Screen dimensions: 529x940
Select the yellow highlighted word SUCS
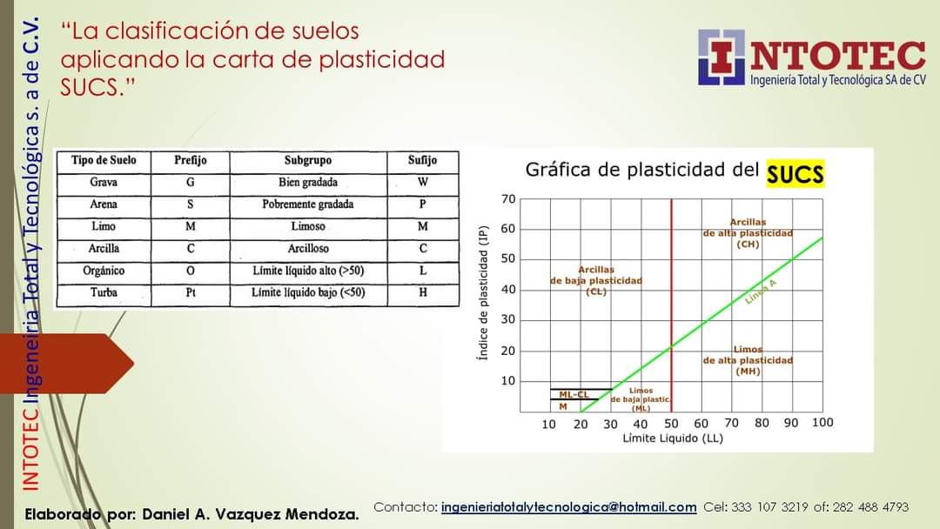[x=795, y=174]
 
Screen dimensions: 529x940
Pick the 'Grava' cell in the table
[x=104, y=183]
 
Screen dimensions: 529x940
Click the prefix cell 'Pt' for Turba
[x=190, y=293]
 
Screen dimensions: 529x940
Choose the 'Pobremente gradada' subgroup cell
[x=308, y=204]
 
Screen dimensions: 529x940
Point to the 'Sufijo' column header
[x=422, y=161]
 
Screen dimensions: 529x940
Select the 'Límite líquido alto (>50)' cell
[x=308, y=271]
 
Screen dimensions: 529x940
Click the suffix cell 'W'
[x=422, y=183]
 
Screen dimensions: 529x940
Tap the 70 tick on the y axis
[x=508, y=199]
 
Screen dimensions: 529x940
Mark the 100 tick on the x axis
[x=822, y=423]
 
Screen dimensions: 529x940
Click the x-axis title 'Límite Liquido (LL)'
[x=673, y=438]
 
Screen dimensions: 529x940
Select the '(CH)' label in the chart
[x=748, y=244]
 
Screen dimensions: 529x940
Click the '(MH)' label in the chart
[x=748, y=371]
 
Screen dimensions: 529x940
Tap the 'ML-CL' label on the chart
[x=574, y=395]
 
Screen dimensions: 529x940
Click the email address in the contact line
[x=569, y=507]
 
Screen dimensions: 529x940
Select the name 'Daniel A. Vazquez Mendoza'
[x=250, y=514]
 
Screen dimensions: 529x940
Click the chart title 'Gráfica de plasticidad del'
[x=641, y=170]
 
